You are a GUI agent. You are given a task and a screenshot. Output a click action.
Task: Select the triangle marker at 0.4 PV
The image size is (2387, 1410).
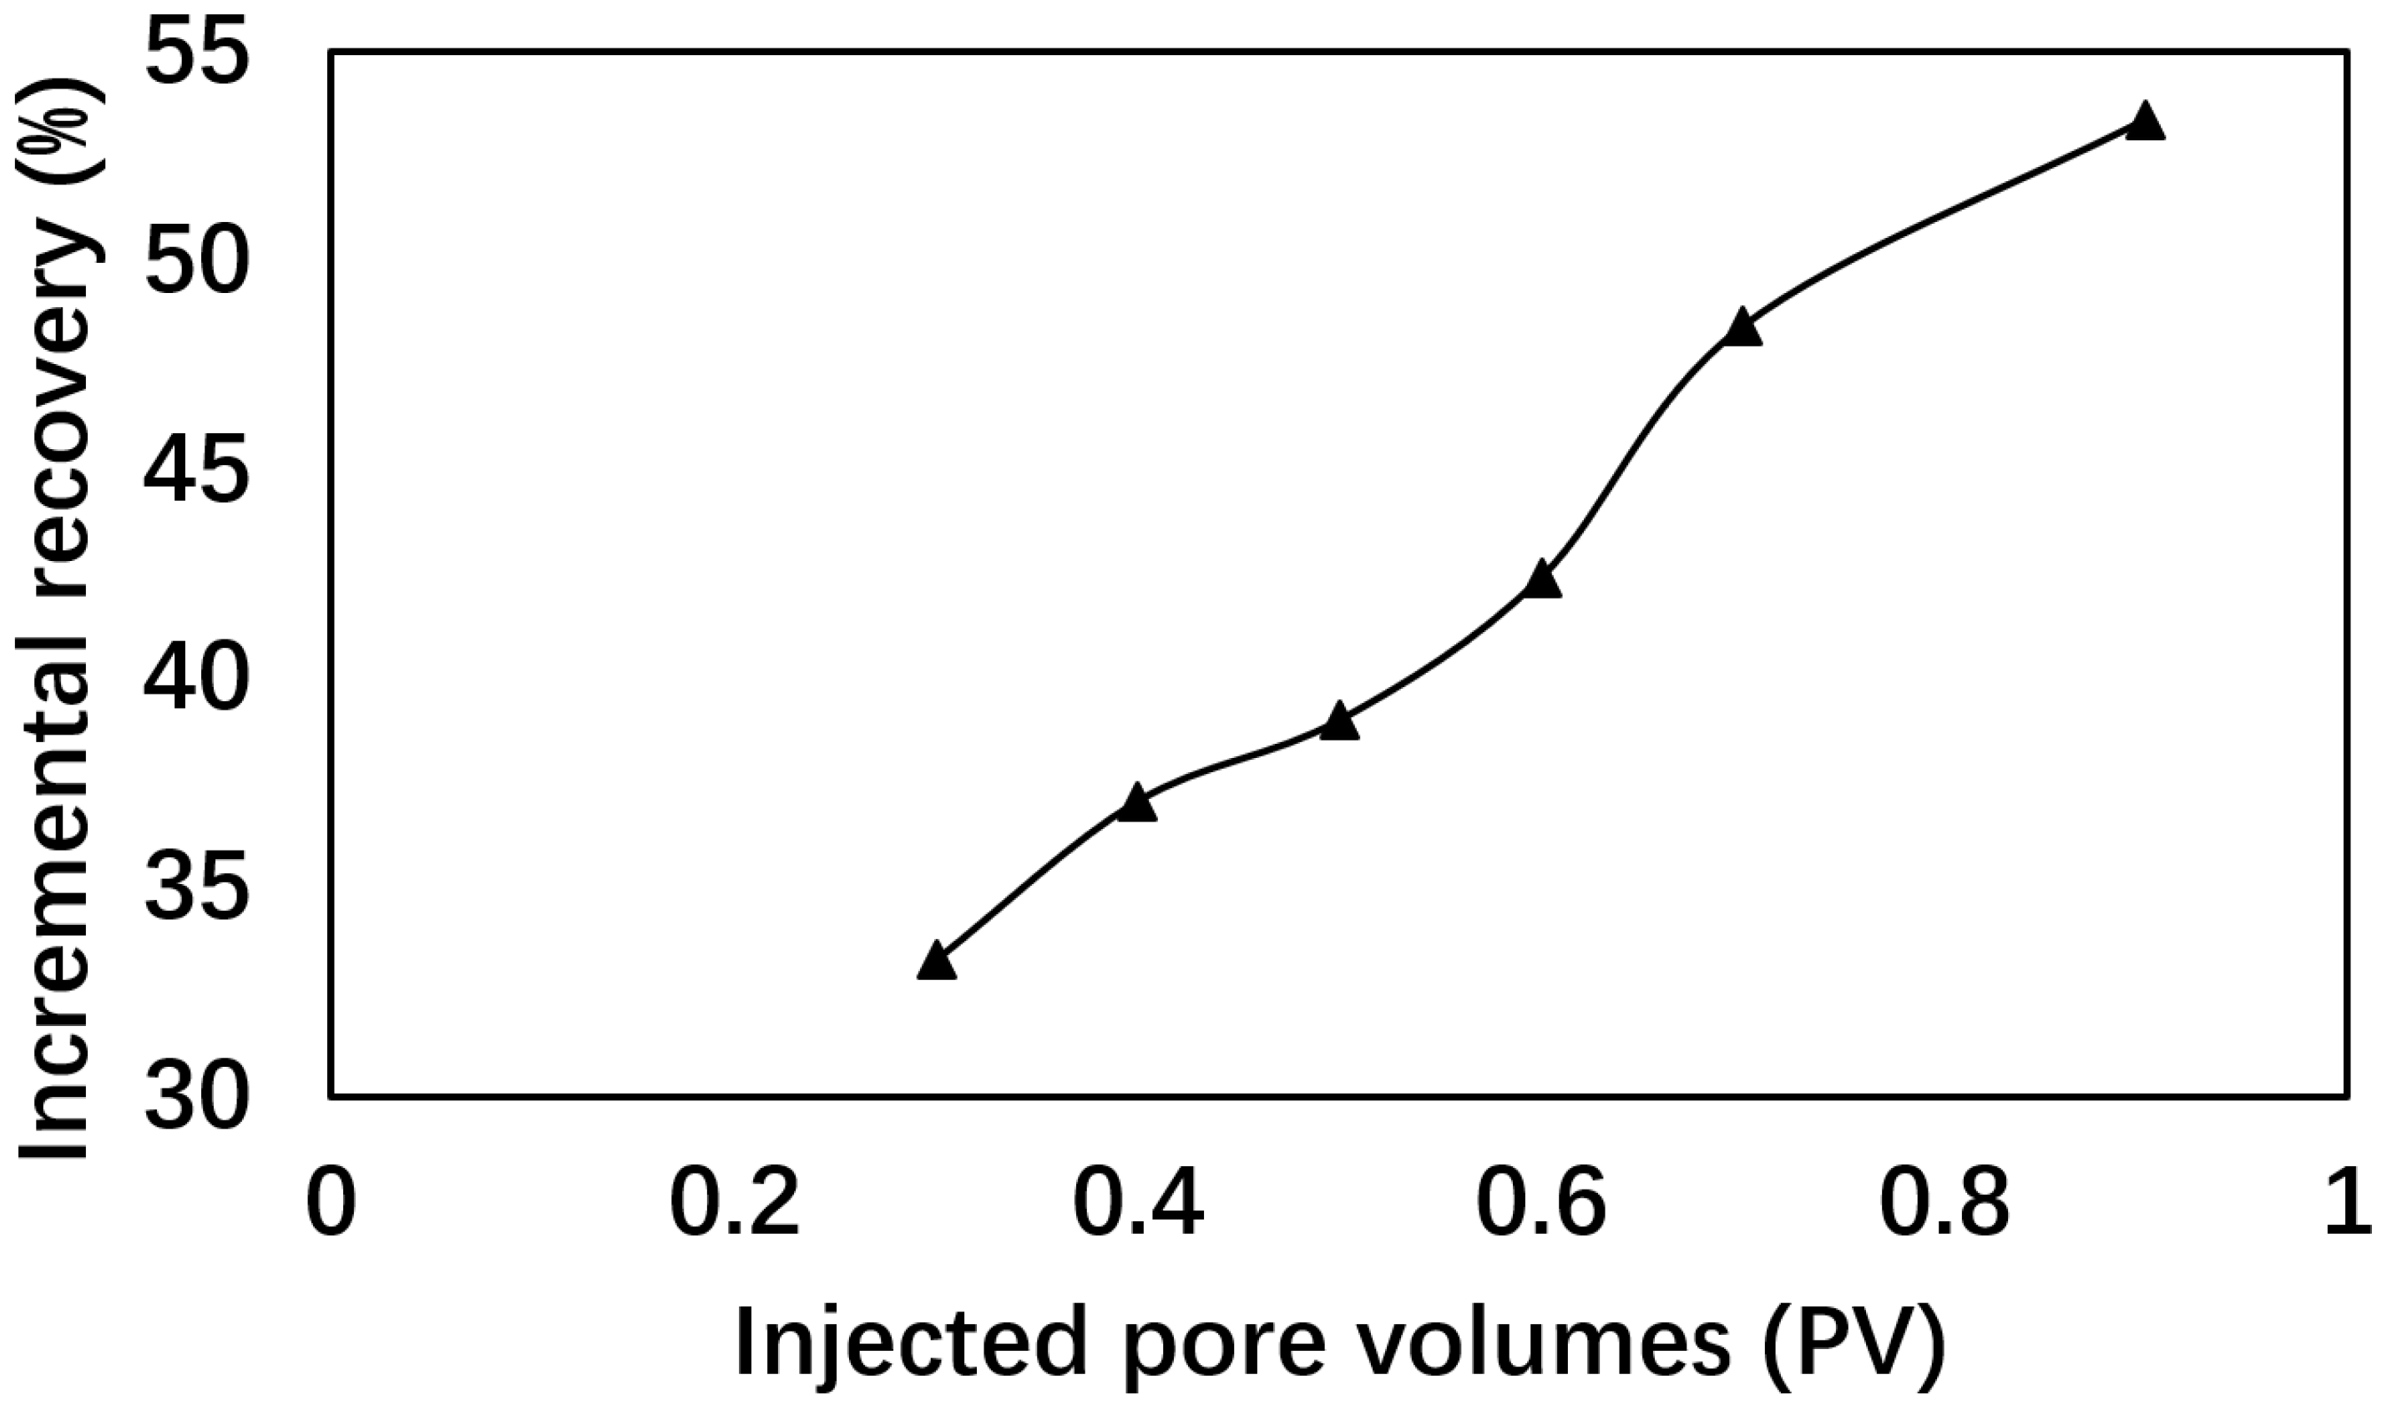pos(1136,804)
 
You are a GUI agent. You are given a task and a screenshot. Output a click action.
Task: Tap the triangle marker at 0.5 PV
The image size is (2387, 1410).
pos(1339,723)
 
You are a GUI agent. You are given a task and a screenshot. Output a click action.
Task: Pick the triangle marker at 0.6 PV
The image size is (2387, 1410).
pos(1541,579)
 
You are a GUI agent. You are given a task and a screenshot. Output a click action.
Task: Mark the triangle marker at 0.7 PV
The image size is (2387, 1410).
pos(1742,328)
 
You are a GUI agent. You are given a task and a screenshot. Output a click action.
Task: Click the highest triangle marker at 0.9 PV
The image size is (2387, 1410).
pos(2145,122)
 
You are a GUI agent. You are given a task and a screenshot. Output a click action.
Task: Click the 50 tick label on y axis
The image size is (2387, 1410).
pos(197,267)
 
